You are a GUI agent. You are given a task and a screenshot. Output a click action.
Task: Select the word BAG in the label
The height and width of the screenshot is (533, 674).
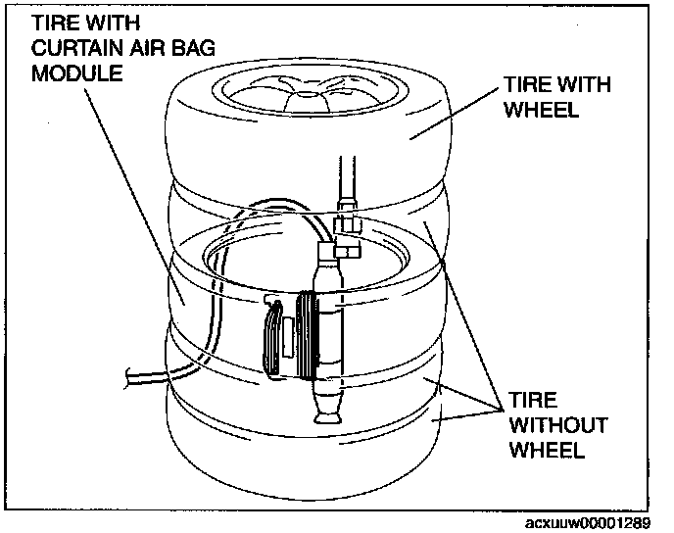(196, 50)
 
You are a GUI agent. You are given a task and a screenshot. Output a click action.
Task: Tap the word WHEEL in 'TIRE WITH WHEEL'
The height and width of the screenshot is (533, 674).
(541, 110)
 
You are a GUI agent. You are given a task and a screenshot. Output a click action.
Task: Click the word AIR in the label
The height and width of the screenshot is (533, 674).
(159, 50)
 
